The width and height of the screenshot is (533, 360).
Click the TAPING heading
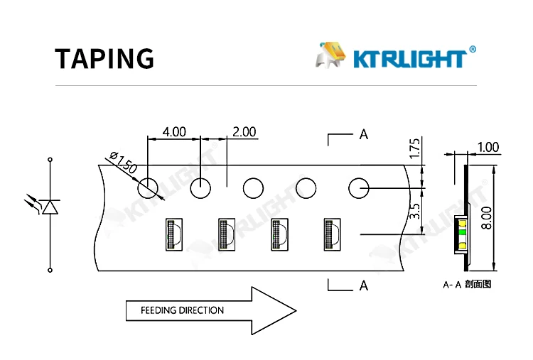point(104,58)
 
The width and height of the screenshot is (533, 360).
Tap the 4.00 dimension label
point(174,132)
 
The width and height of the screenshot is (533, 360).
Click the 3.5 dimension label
point(416,211)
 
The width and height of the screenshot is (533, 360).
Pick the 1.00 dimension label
point(488,148)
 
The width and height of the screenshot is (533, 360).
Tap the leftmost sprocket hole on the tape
point(148,188)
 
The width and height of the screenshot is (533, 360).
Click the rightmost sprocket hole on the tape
point(359,188)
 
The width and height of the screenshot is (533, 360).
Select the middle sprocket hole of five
point(253,188)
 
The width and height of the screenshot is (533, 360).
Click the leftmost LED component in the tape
point(174,234)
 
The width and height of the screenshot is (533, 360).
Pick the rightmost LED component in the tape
point(333,234)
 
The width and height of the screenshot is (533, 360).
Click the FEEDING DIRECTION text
point(182,310)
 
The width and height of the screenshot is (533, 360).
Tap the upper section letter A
point(364,134)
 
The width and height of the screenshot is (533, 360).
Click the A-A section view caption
point(467,284)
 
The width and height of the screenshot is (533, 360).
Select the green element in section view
point(462,231)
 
